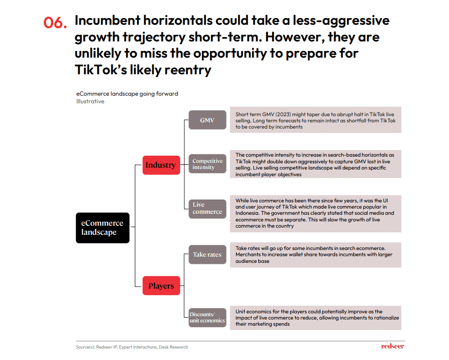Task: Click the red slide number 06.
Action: click(x=55, y=22)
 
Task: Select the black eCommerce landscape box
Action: click(x=102, y=228)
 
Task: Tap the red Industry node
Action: click(x=161, y=165)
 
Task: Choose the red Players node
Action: click(x=161, y=286)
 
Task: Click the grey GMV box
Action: click(x=207, y=120)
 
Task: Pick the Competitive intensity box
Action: click(x=207, y=164)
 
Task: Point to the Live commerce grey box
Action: click(x=207, y=209)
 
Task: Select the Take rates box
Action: click(x=207, y=254)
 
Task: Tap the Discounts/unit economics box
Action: click(x=207, y=317)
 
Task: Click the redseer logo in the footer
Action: click(x=393, y=346)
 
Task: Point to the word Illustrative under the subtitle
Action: click(x=90, y=101)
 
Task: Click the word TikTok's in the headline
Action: click(x=101, y=70)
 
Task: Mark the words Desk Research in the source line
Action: click(x=173, y=347)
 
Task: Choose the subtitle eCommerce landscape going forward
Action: click(x=127, y=94)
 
